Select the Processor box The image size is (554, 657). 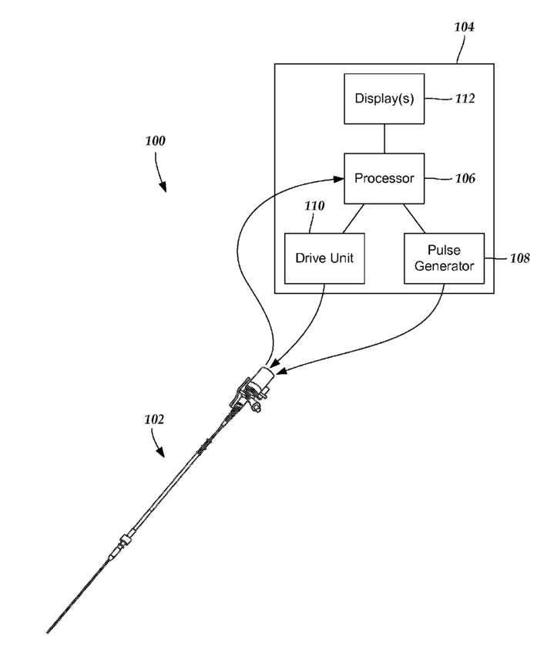(x=384, y=178)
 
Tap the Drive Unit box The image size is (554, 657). (x=324, y=258)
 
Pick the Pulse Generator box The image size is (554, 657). (x=444, y=258)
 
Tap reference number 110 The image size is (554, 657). (x=314, y=206)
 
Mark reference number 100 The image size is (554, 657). (x=155, y=142)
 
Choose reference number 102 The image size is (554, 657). (x=154, y=420)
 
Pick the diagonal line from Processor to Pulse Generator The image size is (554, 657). (x=414, y=218)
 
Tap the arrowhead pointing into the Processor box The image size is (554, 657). (x=338, y=178)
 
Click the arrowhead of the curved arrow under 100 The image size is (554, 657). (x=163, y=185)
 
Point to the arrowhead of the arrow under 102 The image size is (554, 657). (x=163, y=454)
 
